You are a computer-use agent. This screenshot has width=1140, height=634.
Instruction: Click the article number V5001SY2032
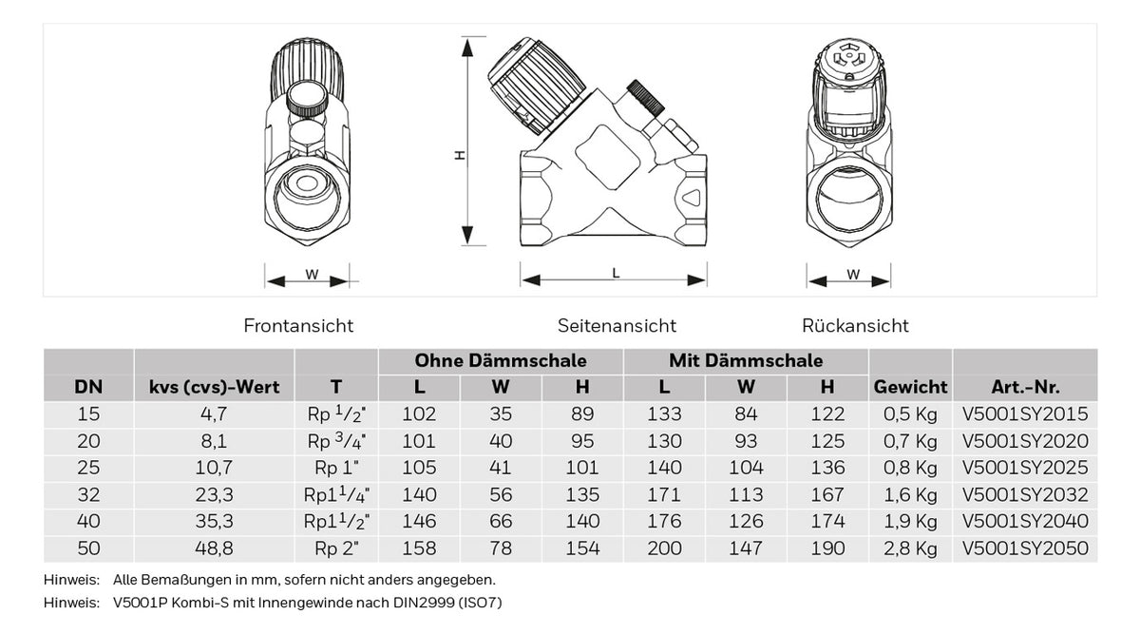tap(1025, 494)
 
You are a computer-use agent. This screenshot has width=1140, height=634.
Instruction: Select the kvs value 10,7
tap(214, 468)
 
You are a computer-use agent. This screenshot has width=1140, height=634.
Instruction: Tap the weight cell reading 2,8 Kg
tap(910, 548)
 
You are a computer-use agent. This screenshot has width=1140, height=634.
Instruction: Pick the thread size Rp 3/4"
tap(336, 440)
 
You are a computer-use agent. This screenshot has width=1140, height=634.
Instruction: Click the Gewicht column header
tap(910, 388)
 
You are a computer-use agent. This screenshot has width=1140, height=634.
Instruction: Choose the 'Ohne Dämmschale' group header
tap(501, 360)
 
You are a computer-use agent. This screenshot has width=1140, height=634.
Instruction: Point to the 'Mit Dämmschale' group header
tap(746, 360)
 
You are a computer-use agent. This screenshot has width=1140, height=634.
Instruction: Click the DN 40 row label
tap(88, 521)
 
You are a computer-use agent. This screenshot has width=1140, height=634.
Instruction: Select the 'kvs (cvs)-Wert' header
tap(214, 388)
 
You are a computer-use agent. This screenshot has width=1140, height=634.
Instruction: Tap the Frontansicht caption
tap(298, 325)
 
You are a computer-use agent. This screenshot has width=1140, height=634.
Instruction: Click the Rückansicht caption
tap(855, 325)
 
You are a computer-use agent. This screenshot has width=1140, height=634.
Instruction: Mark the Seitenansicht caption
tap(617, 325)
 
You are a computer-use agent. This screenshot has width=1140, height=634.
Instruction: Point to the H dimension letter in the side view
tap(460, 155)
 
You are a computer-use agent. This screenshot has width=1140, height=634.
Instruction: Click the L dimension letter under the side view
tap(616, 273)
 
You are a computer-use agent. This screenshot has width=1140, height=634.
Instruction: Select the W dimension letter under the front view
tap(312, 275)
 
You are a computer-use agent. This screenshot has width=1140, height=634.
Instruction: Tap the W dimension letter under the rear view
tap(853, 275)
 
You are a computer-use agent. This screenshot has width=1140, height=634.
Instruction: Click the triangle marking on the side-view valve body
tap(692, 197)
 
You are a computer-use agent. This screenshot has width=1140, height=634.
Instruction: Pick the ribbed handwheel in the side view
tap(537, 84)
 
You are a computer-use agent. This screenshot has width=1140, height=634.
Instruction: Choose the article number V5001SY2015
tap(1025, 414)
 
